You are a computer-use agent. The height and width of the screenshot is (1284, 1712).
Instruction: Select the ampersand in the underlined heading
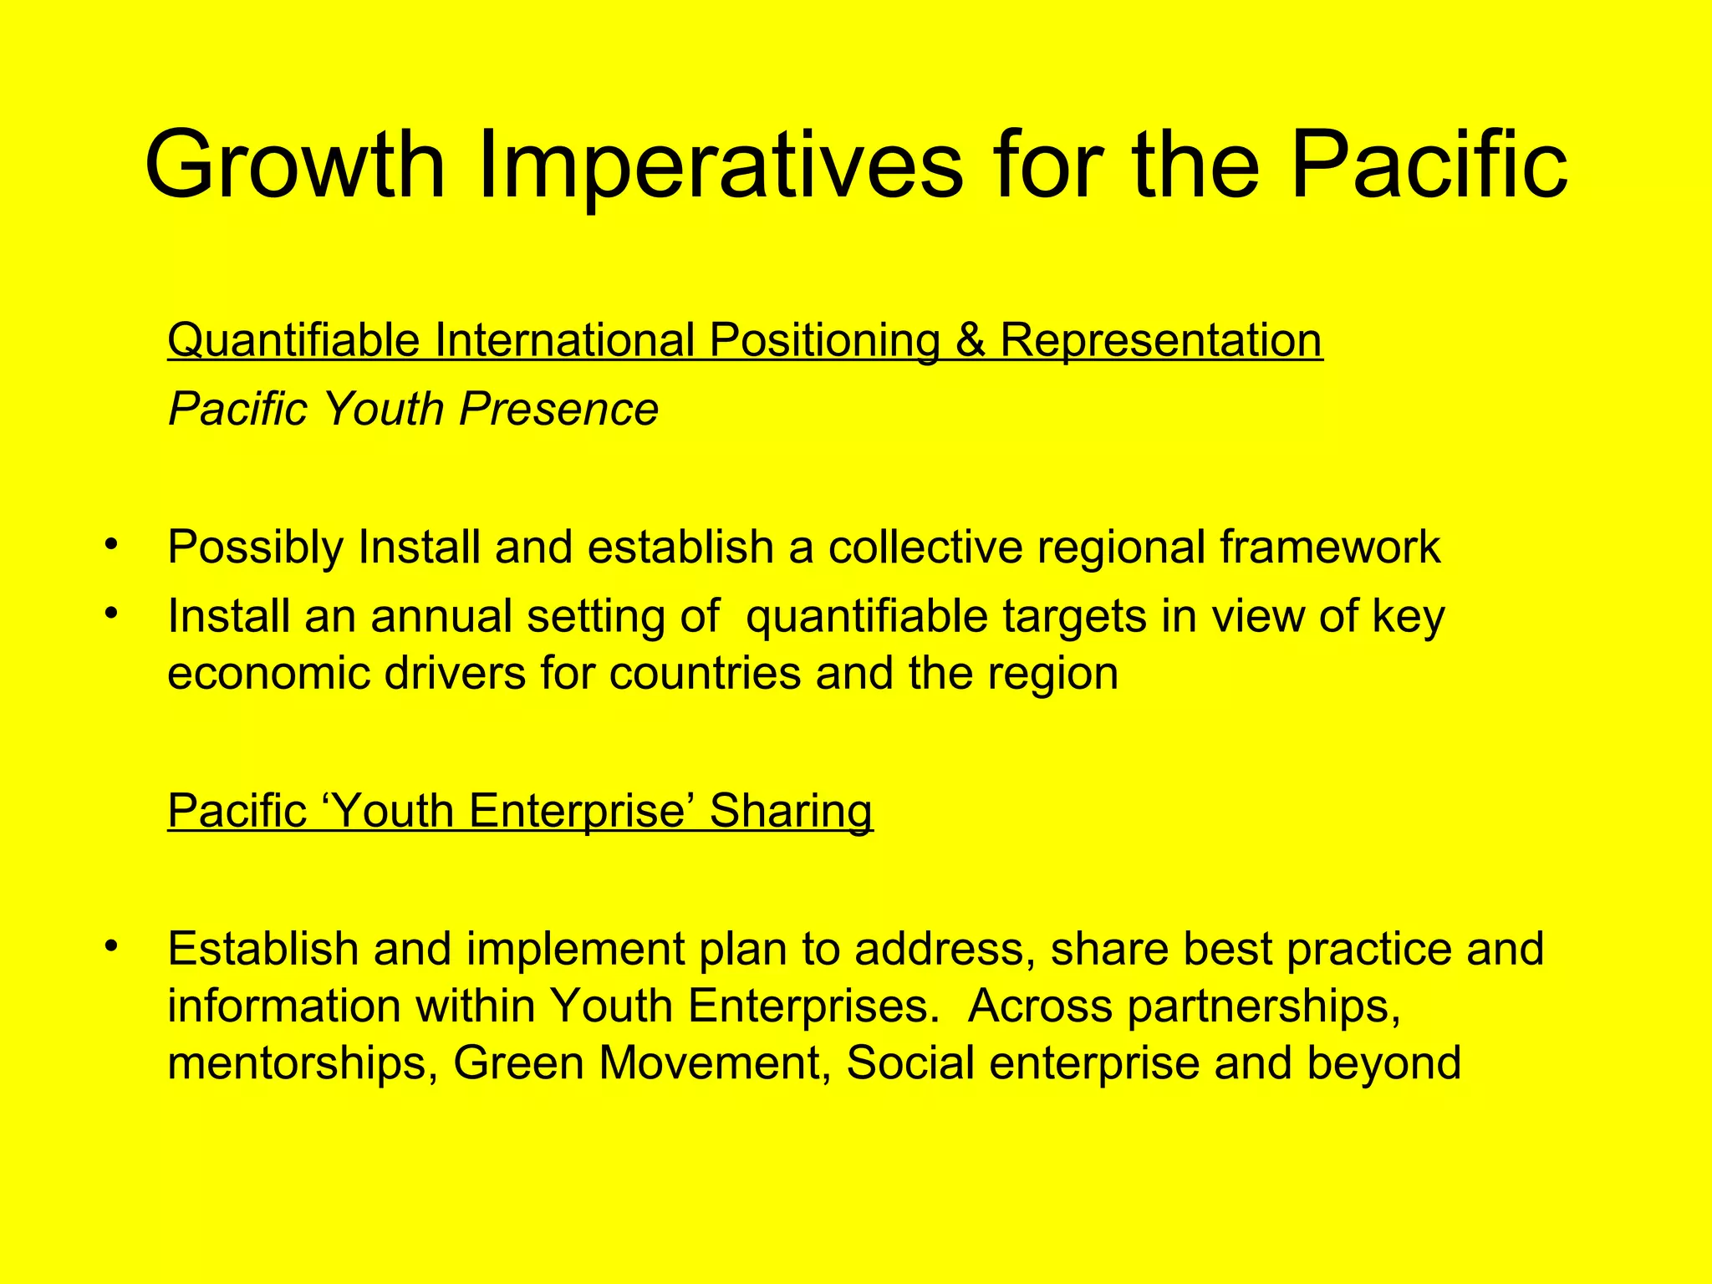970,340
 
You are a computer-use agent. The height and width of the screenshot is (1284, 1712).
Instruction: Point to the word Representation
1161,340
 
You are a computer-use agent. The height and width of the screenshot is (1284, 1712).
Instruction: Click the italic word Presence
558,409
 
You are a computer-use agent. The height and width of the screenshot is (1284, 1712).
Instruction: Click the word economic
268,673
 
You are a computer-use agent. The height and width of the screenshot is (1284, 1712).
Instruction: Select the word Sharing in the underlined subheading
791,811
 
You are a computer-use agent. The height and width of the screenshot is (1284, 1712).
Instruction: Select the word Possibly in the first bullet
255,548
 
